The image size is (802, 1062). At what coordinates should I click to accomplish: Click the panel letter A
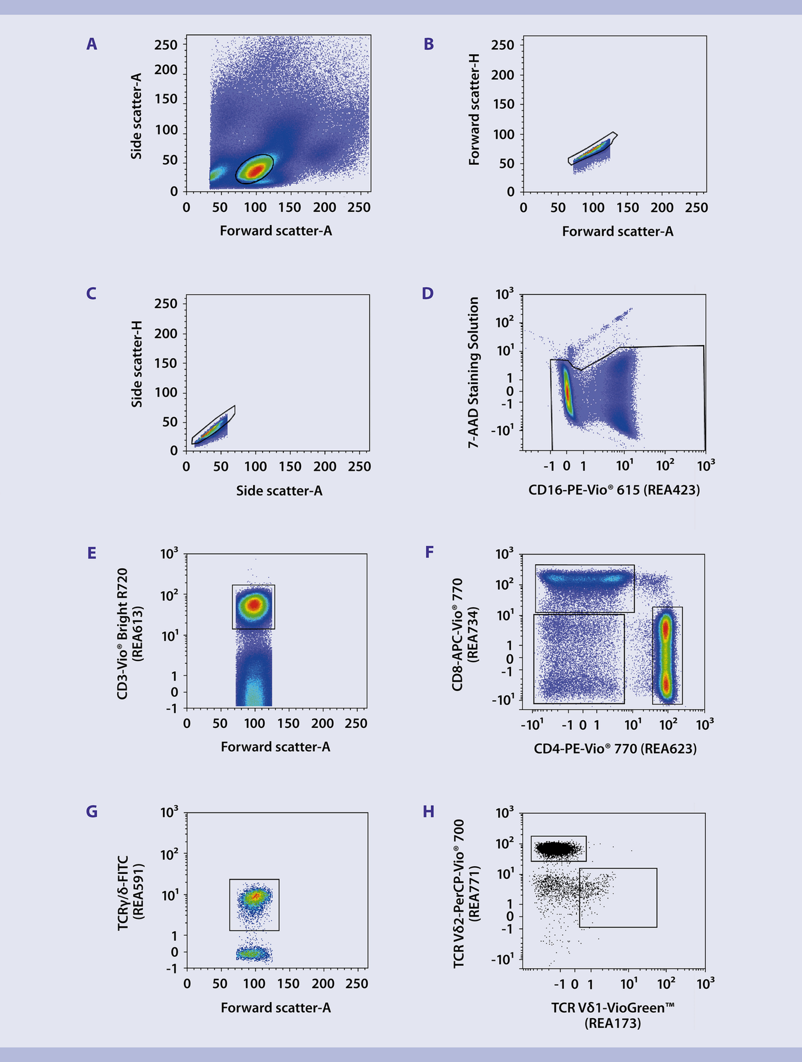point(92,44)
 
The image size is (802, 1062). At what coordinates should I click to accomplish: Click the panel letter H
point(428,811)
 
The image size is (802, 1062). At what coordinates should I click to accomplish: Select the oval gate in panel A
point(254,169)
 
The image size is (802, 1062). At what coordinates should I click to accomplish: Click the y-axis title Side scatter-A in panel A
point(137,116)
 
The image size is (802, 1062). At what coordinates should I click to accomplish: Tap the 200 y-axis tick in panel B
point(502,75)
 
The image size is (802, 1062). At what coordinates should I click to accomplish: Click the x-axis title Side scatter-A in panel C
point(279,491)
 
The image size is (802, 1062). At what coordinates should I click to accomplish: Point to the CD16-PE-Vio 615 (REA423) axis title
point(614,490)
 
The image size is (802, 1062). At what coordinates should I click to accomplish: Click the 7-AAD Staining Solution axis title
point(474,372)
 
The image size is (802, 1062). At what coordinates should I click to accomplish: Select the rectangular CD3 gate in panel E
point(253,606)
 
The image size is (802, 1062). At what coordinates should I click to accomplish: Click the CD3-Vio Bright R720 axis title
point(123,633)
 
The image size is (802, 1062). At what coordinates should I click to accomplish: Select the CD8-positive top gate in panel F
point(584,589)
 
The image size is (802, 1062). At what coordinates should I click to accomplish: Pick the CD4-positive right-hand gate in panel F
point(667,655)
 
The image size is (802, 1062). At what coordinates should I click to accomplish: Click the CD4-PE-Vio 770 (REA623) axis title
point(615,749)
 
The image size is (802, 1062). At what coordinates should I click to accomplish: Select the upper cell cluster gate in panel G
point(254,904)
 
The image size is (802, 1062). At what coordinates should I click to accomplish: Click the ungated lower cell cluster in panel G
point(254,953)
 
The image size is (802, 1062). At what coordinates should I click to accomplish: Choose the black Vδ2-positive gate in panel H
point(558,848)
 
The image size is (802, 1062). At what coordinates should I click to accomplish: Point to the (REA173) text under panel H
point(612,1023)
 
